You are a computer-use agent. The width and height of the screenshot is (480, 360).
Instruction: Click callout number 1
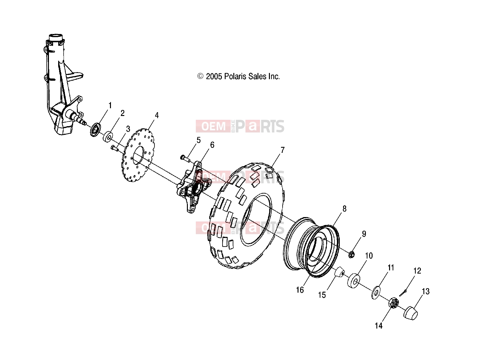[110, 105]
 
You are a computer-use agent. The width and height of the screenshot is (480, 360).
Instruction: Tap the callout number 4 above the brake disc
[157, 115]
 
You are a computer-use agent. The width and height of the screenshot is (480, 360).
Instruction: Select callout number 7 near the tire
[283, 150]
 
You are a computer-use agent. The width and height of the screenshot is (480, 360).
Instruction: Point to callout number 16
[300, 290]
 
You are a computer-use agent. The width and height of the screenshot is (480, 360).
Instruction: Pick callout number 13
[426, 291]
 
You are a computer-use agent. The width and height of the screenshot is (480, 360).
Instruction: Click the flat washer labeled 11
[376, 292]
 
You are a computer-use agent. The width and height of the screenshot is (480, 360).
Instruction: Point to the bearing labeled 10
[354, 281]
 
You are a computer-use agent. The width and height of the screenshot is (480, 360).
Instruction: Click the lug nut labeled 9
[351, 254]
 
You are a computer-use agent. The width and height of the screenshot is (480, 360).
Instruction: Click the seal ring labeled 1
[96, 130]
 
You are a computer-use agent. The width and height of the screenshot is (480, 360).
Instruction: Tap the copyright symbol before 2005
[200, 76]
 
